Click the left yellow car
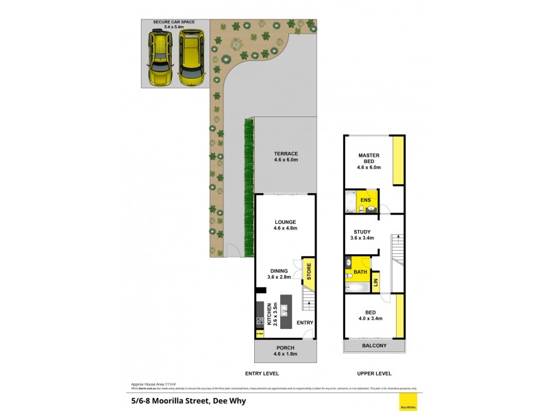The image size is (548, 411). (x=160, y=57)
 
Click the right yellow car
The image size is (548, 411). (x=191, y=57)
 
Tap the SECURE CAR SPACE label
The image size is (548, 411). (x=173, y=25)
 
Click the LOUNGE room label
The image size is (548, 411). (x=285, y=225)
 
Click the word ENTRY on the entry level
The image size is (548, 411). (x=306, y=323)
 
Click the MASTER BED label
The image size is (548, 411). (x=369, y=159)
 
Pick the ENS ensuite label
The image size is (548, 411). (x=366, y=201)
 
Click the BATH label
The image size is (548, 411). (x=360, y=272)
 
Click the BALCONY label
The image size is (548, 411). (x=374, y=346)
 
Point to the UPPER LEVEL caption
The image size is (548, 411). (x=374, y=373)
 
